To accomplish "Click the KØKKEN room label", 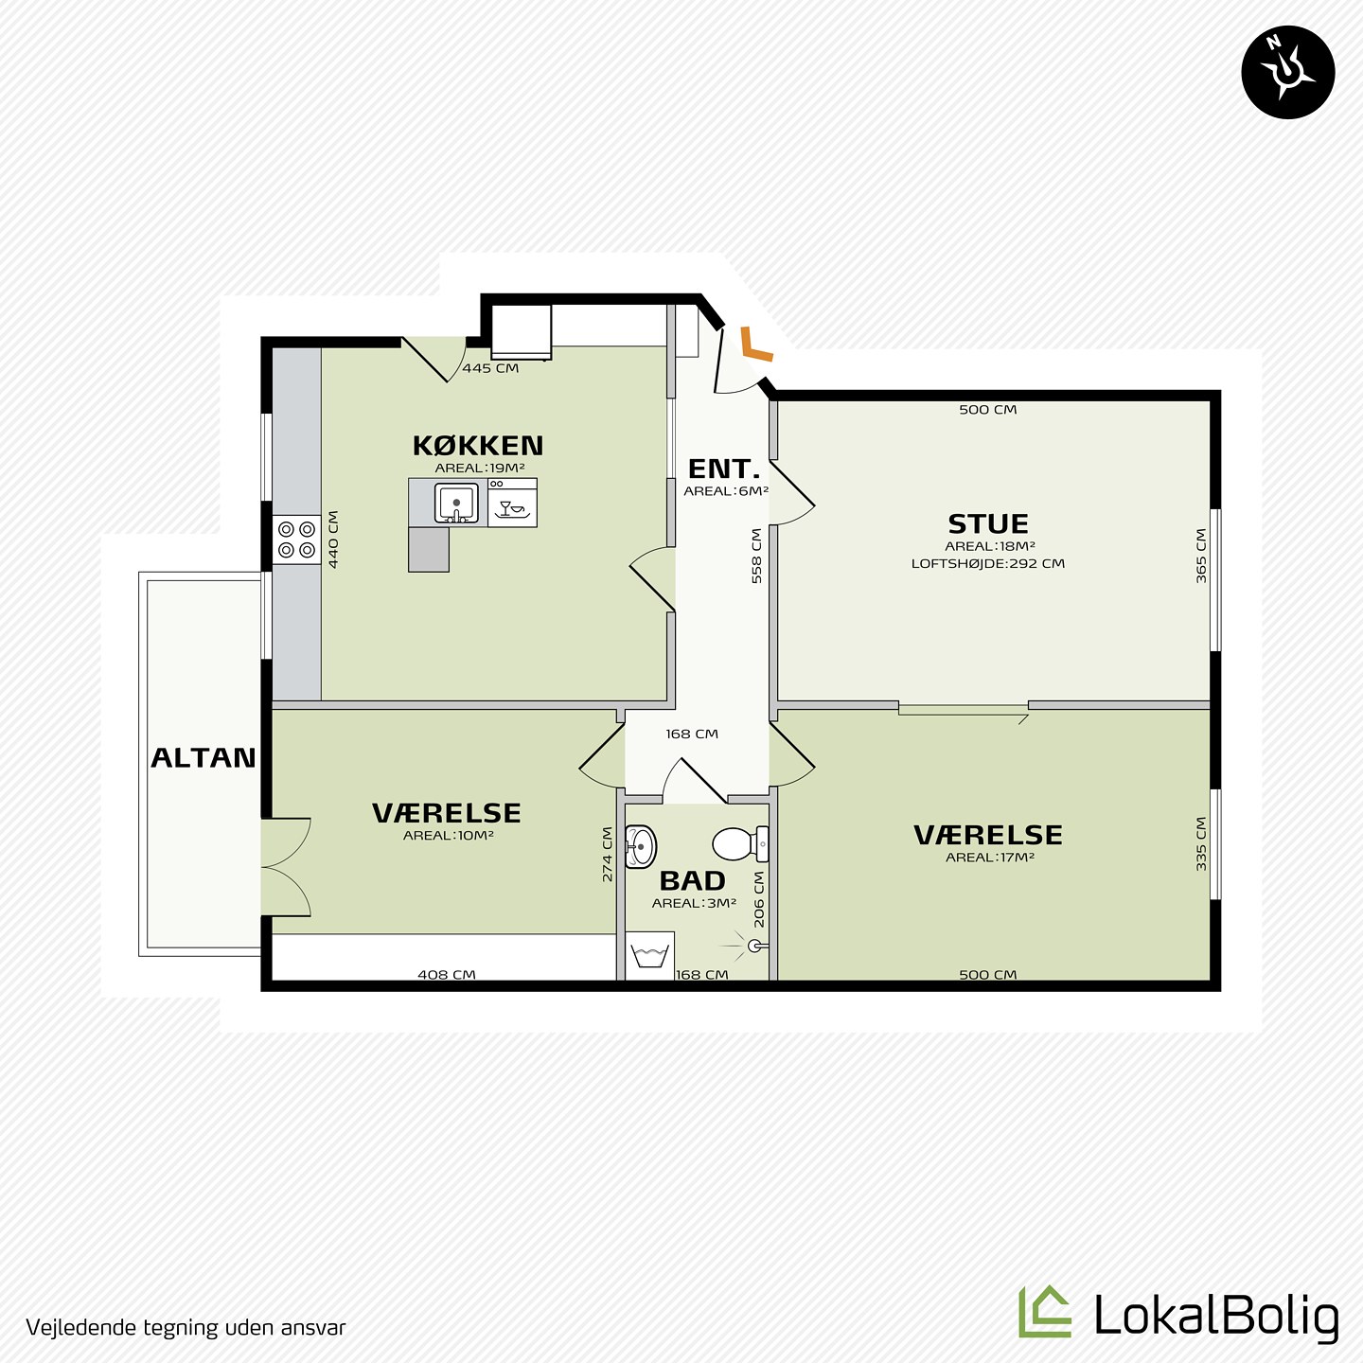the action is [477, 446].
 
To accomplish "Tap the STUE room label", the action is [988, 524].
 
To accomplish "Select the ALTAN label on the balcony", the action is [203, 758].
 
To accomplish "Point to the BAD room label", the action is [693, 881].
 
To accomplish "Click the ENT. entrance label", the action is [723, 469].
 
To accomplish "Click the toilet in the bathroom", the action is [740, 843].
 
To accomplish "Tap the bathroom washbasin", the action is [641, 846].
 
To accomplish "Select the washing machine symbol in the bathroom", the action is [650, 956].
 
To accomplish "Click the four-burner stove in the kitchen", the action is [296, 540].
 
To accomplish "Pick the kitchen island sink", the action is [456, 503].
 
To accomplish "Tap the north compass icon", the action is [1288, 72].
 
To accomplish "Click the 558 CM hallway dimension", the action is [757, 556].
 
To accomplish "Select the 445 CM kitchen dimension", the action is [490, 368].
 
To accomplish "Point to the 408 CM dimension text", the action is [447, 975].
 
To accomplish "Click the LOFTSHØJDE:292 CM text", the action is [988, 564].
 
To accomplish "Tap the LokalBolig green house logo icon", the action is [1045, 1311].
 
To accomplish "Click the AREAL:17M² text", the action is [989, 858].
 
